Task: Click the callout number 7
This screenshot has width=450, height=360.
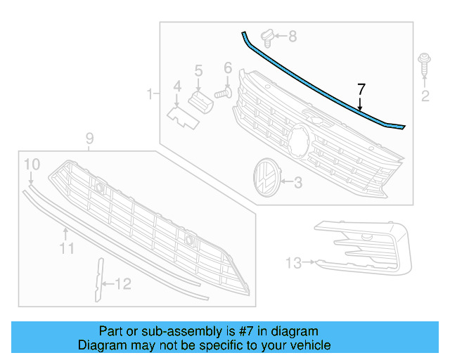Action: [361, 89]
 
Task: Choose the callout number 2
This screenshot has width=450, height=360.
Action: [425, 96]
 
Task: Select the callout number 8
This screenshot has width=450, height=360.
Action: [292, 35]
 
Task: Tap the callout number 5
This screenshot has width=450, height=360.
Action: [198, 70]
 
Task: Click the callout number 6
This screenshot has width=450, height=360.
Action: [227, 68]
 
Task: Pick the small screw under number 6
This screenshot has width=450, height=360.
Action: [224, 91]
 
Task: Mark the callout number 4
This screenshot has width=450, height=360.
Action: [177, 86]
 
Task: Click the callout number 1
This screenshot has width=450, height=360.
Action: [149, 93]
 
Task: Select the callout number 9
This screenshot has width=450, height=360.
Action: [89, 138]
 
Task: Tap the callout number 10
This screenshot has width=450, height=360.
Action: [32, 165]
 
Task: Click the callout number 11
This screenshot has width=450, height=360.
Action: [66, 248]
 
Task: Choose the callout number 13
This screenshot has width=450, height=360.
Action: [293, 263]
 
